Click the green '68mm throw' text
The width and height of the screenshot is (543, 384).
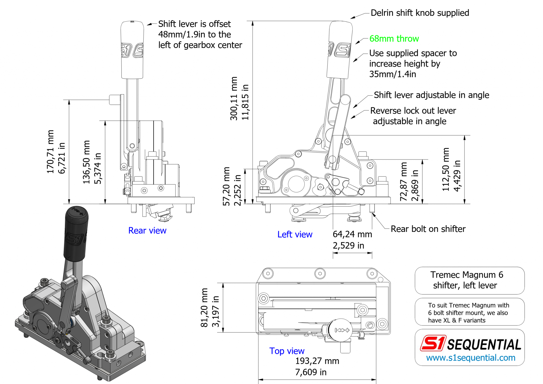(394, 39)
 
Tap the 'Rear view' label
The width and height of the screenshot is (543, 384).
(147, 230)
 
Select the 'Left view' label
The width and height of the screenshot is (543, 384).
(295, 234)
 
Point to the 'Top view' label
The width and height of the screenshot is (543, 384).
(287, 351)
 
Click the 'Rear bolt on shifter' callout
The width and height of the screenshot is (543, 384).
(428, 229)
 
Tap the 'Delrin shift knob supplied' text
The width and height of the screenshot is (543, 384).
(419, 13)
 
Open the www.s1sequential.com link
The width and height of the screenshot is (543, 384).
(470, 358)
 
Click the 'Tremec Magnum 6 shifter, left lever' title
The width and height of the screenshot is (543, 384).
(466, 280)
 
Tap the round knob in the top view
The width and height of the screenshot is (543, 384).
(340, 330)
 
